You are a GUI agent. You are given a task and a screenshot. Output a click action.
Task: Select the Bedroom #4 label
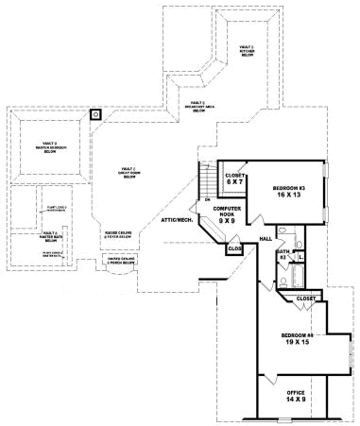(x=297, y=336)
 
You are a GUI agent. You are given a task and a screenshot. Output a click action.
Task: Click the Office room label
(x=297, y=390)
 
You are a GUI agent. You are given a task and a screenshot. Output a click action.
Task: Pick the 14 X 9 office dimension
(x=297, y=399)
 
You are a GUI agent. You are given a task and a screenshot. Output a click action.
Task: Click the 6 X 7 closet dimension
(x=235, y=181)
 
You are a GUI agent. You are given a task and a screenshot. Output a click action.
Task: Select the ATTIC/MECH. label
(x=179, y=220)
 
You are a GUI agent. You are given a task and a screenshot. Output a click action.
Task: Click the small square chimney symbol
(x=94, y=115)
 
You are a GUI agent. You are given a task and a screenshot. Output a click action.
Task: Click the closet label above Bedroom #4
(x=305, y=298)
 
